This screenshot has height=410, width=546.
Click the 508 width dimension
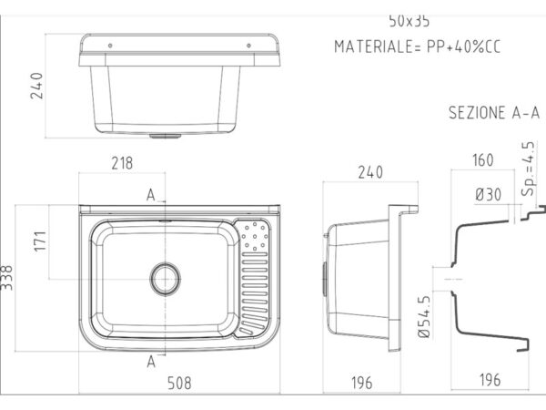[179, 383]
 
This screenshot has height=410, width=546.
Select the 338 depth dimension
[6, 278]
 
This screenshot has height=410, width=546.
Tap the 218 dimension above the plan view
[122, 163]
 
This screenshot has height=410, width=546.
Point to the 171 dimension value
[40, 241]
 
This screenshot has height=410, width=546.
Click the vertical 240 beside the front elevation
[36, 86]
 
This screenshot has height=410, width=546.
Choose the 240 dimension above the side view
[370, 172]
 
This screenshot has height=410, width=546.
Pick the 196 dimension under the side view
[362, 383]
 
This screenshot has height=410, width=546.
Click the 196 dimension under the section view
[490, 380]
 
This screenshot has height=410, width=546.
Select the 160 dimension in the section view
[483, 160]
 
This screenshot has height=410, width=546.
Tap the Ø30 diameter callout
[488, 195]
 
